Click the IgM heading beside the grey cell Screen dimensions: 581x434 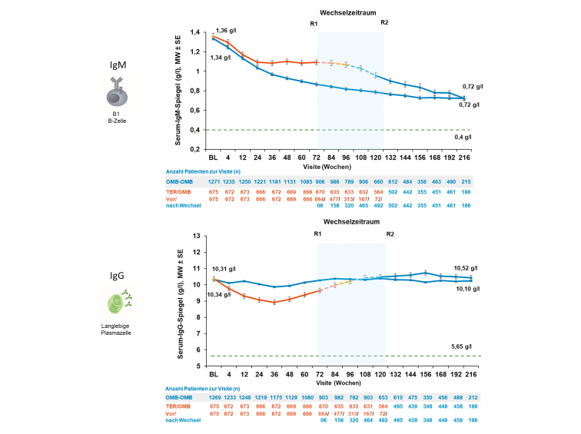pyautogui.click(x=118, y=65)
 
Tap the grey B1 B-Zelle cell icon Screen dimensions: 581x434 pyautogui.click(x=118, y=92)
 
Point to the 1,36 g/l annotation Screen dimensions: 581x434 pyautogui.click(x=226, y=31)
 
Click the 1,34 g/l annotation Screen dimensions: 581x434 pyautogui.click(x=221, y=58)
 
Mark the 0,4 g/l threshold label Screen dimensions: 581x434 pyautogui.click(x=463, y=137)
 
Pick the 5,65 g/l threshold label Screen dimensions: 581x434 pyautogui.click(x=461, y=346)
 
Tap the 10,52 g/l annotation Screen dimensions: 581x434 pyautogui.click(x=466, y=268)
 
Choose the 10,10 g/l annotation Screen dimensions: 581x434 pyautogui.click(x=467, y=289)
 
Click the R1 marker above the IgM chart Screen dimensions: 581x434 pyautogui.click(x=314, y=24)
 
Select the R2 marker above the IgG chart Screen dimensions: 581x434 pyautogui.click(x=390, y=234)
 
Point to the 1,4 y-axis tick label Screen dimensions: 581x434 pyautogui.click(x=195, y=32)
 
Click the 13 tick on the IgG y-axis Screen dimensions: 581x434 pyautogui.click(x=197, y=236)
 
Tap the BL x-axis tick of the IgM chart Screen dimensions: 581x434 pyautogui.click(x=213, y=157)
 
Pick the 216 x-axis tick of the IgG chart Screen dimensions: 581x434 pyautogui.click(x=471, y=374)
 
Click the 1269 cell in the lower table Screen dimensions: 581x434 pyautogui.click(x=215, y=397)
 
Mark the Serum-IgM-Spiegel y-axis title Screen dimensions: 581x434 pyautogui.click(x=178, y=91)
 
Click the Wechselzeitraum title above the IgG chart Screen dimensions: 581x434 pyautogui.click(x=351, y=221)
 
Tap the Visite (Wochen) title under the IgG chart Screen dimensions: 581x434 pyautogui.click(x=338, y=383)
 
